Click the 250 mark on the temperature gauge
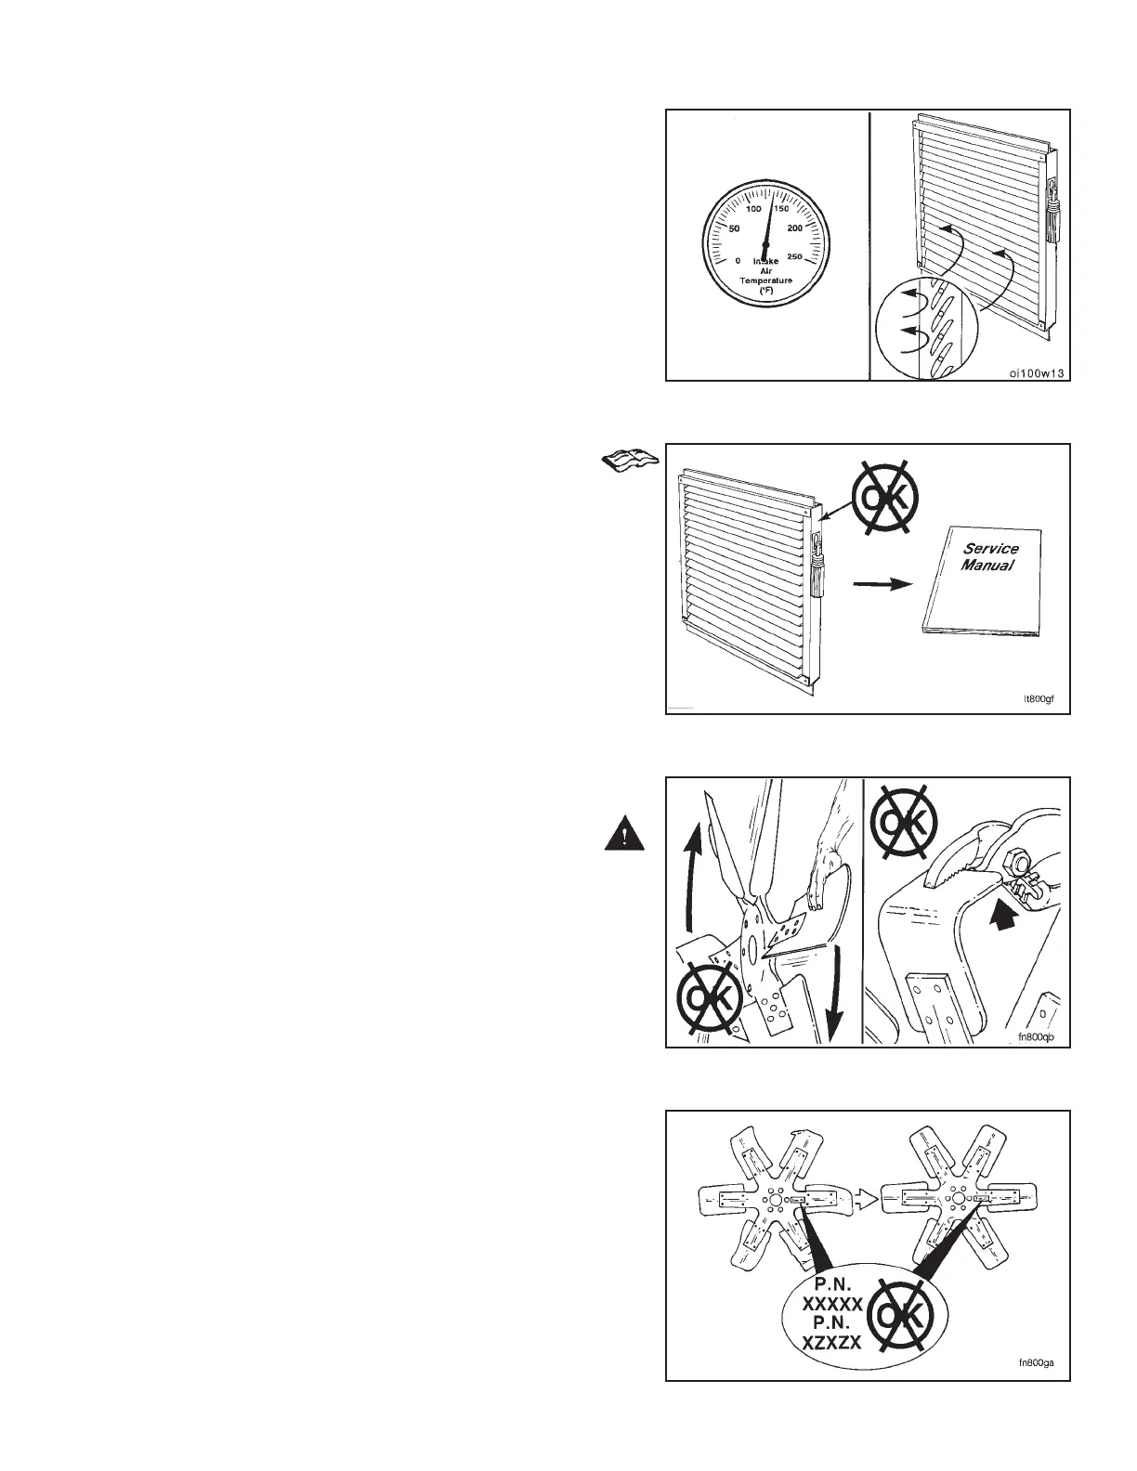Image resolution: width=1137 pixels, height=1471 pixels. (795, 257)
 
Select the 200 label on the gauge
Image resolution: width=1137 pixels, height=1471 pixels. (796, 228)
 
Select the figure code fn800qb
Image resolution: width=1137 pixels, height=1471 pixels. (1038, 1037)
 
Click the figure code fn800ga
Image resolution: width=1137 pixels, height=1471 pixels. (1038, 1364)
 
